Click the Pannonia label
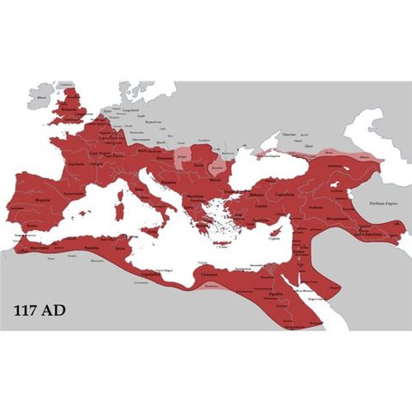(x=162, y=159)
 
